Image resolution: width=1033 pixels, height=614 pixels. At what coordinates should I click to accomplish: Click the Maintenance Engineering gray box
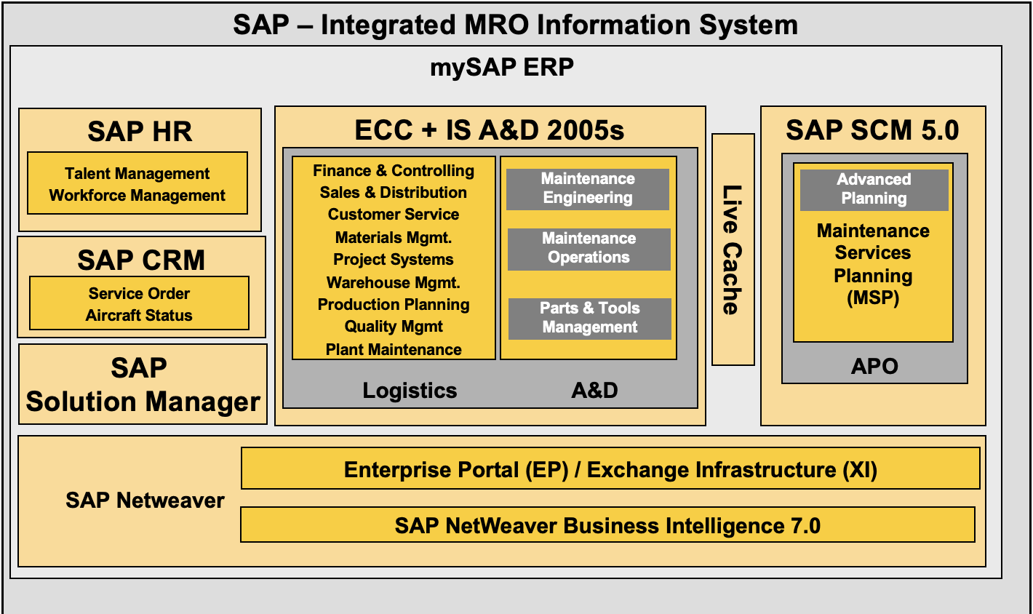coord(588,188)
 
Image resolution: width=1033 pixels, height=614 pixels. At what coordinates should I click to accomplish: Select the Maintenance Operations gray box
coord(589,248)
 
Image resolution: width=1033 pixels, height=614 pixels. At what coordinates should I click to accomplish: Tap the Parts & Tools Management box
coord(589,318)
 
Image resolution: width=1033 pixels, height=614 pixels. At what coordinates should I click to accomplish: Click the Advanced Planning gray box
coord(874,189)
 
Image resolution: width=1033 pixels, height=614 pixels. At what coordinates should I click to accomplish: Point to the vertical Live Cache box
coord(733,250)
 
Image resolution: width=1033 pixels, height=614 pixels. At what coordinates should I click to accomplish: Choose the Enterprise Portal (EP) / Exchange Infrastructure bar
coord(610,469)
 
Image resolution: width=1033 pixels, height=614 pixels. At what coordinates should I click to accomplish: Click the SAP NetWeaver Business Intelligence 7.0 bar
coord(607,525)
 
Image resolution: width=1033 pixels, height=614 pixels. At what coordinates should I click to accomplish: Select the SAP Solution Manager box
coord(143,385)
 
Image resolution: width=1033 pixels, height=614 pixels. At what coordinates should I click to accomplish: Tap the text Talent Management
coord(137,174)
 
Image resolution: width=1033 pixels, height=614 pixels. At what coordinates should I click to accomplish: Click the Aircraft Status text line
coord(139,316)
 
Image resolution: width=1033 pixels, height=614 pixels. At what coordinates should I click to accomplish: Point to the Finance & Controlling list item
coord(394,171)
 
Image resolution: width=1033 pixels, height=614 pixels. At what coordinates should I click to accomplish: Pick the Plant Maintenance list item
coord(394,350)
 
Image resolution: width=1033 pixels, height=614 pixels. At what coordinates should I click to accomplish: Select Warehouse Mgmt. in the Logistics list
coord(394,282)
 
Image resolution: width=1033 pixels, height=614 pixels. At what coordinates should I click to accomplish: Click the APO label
coord(874,366)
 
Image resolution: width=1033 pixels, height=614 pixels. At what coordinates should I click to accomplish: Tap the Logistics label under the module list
coord(410,391)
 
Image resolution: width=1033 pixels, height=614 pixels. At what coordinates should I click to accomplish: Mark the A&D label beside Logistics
coord(594,391)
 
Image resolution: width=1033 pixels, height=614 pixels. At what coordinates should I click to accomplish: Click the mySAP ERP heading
coord(502,68)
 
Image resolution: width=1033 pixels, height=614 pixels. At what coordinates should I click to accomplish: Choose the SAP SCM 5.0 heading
coord(872,130)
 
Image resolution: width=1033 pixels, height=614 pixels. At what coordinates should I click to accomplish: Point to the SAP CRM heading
coord(141,260)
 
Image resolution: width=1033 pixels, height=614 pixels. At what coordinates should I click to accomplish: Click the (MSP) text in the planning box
coord(873,298)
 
